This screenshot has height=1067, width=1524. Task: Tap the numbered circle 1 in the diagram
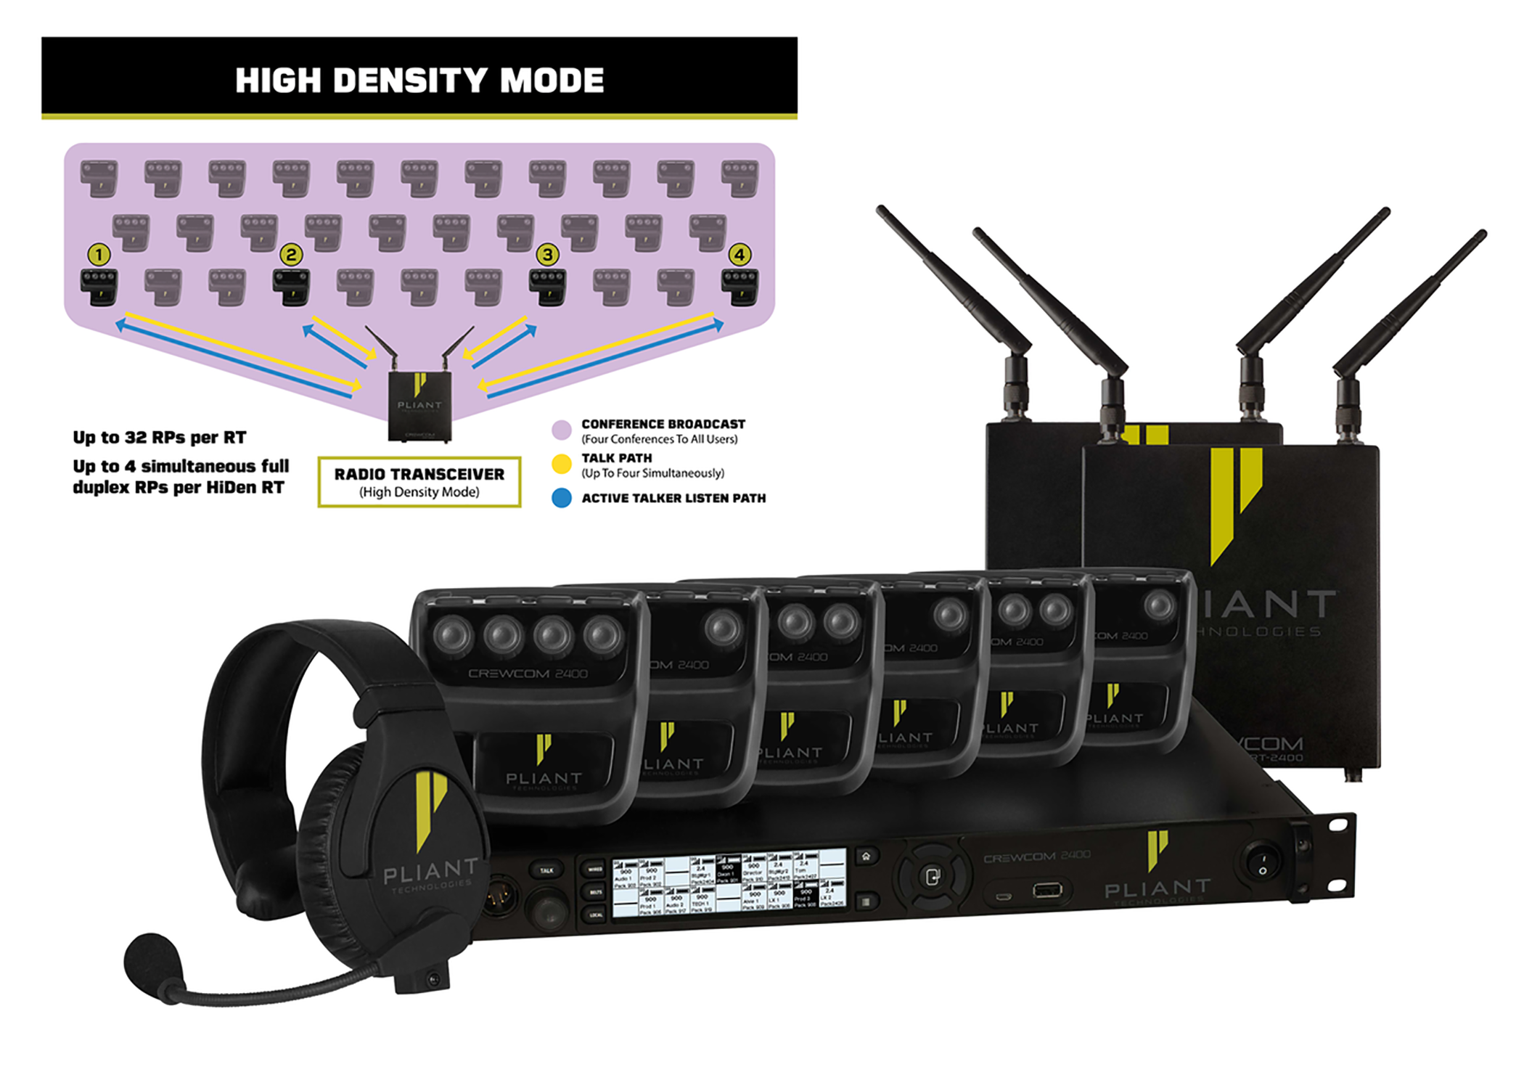click(99, 255)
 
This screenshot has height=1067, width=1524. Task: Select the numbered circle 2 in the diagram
click(291, 255)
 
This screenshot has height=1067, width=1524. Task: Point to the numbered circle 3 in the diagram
click(547, 255)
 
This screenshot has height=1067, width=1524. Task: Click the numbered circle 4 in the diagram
click(740, 255)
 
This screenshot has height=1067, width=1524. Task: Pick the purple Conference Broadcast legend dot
click(562, 430)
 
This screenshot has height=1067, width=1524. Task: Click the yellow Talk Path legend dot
click(562, 464)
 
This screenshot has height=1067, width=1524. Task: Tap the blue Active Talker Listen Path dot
click(562, 498)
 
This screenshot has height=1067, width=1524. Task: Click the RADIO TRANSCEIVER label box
click(419, 482)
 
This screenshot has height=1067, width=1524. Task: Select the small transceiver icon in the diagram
click(419, 405)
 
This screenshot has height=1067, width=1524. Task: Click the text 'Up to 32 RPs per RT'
click(160, 438)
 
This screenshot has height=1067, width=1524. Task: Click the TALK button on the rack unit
click(547, 870)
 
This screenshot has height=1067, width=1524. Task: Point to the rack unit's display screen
click(729, 883)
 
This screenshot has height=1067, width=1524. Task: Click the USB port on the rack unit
click(1046, 890)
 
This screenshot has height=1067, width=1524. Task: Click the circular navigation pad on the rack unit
click(933, 877)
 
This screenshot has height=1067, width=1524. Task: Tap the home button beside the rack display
click(866, 857)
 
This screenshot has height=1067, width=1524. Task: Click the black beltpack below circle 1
click(99, 287)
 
